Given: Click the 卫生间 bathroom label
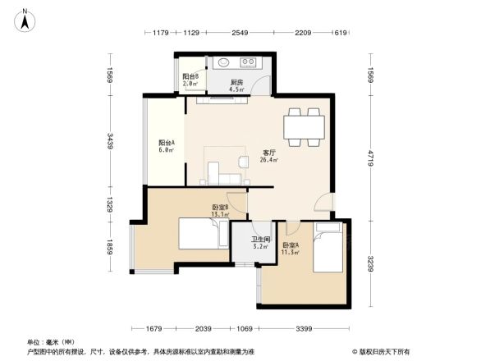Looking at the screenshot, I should (x=260, y=241).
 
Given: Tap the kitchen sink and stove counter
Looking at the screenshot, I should (x=236, y=63).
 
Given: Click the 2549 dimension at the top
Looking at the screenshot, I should (x=239, y=33).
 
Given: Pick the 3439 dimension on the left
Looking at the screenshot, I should (x=108, y=146).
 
